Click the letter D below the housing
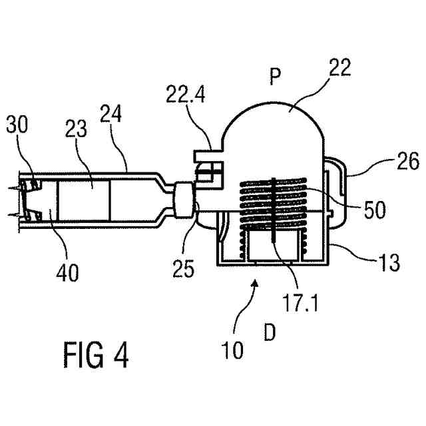269,332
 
